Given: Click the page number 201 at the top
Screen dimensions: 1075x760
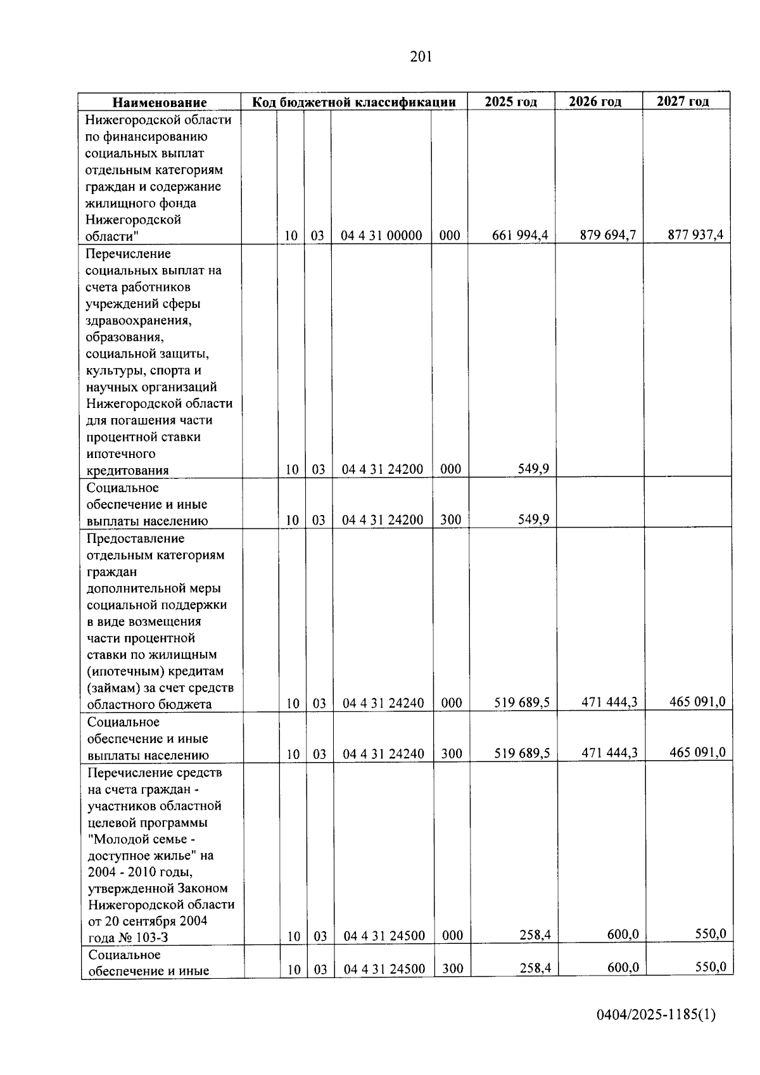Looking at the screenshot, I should (421, 57).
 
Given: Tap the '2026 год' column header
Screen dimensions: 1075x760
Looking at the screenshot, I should (595, 101).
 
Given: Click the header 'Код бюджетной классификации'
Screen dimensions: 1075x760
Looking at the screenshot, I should (354, 102).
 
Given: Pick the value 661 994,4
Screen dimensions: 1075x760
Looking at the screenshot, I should (520, 236).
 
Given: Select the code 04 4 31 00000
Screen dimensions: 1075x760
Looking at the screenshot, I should (381, 236).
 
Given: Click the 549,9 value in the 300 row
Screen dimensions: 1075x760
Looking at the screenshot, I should (533, 519).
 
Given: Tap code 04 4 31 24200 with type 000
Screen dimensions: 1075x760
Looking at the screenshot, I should (383, 469).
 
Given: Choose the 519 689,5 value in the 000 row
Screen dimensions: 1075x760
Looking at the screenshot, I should (522, 703).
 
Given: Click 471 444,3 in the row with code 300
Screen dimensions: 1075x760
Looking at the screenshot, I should (609, 753).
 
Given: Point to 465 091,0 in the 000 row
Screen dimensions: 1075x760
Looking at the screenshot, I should (697, 701).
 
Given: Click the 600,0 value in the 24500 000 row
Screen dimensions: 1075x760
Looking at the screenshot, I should (623, 934).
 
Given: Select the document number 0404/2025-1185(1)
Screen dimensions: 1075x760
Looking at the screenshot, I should (655, 1015).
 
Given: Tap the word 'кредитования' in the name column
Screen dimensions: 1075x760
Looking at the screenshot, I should (127, 470).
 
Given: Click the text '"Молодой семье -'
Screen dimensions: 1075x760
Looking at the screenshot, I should (138, 839).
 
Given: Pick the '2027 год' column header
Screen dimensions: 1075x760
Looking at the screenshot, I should (683, 101).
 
